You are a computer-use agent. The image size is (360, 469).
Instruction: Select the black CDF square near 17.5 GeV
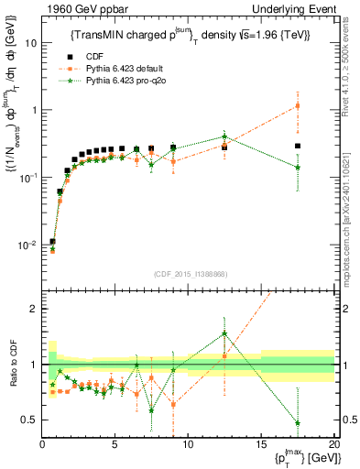point(298,147)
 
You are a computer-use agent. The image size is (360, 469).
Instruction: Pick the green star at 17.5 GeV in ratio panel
point(298,423)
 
